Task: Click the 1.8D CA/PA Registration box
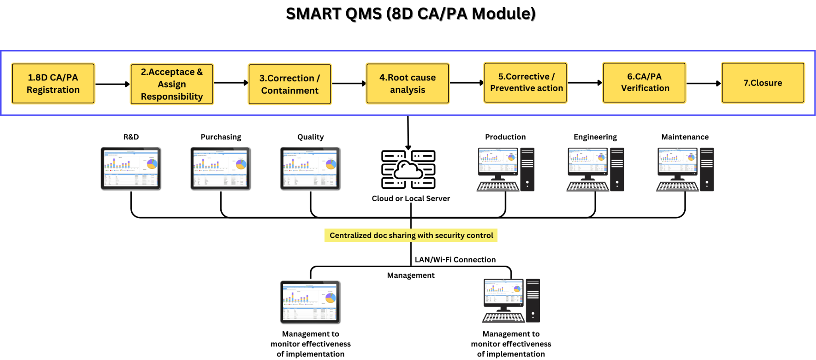coord(53,84)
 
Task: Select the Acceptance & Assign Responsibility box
coord(172,84)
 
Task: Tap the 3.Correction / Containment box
coord(290,84)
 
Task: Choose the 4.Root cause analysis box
coord(407,84)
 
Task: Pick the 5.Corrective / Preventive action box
coord(525,82)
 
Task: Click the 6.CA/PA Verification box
coord(644,82)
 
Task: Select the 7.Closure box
coord(763,83)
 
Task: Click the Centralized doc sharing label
coord(411,235)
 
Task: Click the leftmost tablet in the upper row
coord(130,168)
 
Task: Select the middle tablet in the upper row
coord(220,168)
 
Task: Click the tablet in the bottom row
coord(310,302)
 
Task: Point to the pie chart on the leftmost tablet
coord(152,164)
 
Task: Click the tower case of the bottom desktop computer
coord(533,300)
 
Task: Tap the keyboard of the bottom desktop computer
coord(504,317)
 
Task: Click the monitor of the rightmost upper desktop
coord(677,161)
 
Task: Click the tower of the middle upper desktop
coord(617,169)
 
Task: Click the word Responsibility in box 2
coord(172,97)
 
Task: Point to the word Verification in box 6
coord(645,88)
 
